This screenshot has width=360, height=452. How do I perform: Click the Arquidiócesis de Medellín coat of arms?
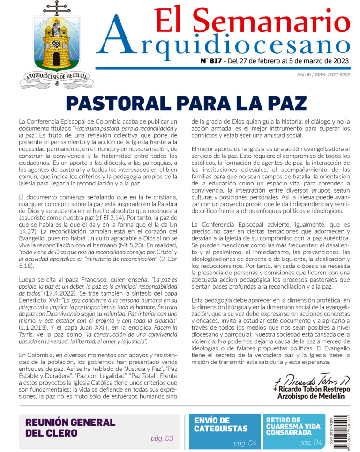[56, 47]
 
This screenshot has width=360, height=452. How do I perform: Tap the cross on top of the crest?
[56, 8]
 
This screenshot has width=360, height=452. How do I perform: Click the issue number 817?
[212, 61]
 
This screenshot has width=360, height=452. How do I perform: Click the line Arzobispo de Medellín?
[311, 396]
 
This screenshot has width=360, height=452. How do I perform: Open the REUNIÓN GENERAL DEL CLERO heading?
[70, 427]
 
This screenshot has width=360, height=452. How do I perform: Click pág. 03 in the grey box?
[162, 439]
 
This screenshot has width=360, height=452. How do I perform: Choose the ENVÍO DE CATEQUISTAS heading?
[221, 424]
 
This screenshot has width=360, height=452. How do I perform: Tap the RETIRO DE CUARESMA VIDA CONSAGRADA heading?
[293, 426]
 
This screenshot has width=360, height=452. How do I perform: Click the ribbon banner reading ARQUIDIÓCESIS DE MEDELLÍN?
[56, 78]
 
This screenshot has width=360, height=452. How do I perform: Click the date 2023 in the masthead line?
[341, 61]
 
